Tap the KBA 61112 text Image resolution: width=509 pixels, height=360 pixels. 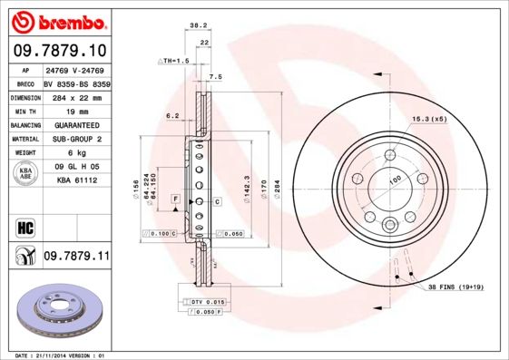pyautogui.click(x=76, y=180)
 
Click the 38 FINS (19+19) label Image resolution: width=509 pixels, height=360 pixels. pyautogui.click(x=461, y=287)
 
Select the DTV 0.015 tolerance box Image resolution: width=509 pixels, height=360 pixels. pyautogui.click(x=201, y=300)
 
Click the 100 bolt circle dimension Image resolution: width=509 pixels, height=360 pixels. pyautogui.click(x=395, y=180)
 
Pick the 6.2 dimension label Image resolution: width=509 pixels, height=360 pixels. pyautogui.click(x=171, y=115)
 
